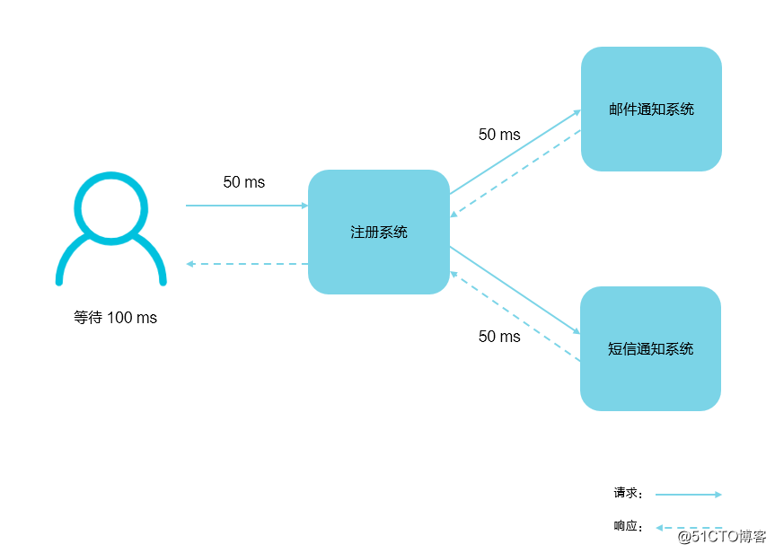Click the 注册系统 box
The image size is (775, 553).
click(378, 232)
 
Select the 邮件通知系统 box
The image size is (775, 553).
click(651, 110)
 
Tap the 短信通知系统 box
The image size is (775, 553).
click(651, 348)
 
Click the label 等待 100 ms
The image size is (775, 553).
click(115, 318)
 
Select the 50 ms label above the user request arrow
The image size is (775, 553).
click(244, 182)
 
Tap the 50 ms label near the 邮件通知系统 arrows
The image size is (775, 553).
click(499, 135)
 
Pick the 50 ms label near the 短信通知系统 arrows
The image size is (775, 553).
click(499, 337)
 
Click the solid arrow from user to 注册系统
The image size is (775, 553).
click(246, 206)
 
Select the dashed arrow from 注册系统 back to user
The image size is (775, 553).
click(246, 264)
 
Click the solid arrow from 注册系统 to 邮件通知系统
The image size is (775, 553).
click(515, 152)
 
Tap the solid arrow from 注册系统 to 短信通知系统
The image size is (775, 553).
click(515, 289)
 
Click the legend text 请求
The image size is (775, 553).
click(627, 493)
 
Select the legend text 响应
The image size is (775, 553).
click(627, 526)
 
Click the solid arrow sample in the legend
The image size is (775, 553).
click(688, 494)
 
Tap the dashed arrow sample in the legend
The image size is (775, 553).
click(688, 527)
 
